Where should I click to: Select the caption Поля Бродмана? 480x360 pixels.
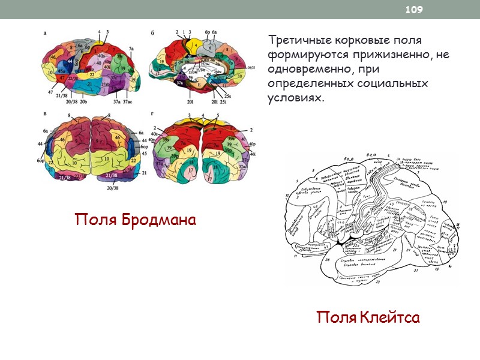135,220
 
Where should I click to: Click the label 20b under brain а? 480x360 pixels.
84,103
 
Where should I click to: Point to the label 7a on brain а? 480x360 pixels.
131,47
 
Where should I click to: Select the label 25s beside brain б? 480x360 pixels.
228,96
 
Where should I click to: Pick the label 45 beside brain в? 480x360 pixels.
143,152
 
